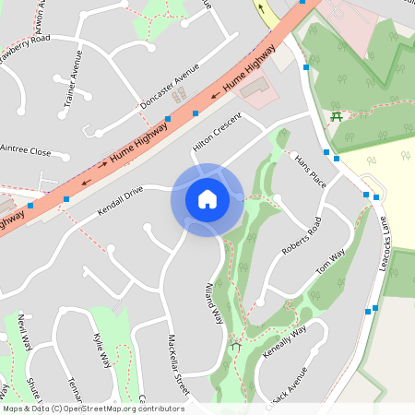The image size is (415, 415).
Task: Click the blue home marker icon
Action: click(x=207, y=199)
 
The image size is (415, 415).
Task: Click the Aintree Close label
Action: click(x=26, y=149)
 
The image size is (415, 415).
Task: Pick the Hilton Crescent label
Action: click(x=217, y=133)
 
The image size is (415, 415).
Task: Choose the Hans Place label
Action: click(x=310, y=171)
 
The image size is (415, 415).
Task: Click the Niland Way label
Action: click(x=214, y=302)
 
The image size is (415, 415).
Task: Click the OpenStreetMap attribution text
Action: click(x=93, y=409)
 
